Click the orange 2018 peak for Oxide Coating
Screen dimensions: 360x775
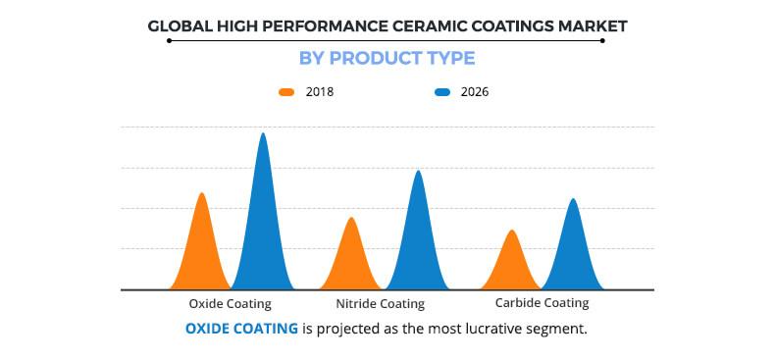202,245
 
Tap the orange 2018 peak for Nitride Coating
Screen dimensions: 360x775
351,257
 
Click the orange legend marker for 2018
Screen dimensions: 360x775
286,92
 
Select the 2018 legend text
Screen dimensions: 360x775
320,92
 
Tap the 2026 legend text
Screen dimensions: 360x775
474,92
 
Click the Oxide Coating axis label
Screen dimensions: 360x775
230,304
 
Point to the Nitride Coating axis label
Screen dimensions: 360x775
380,304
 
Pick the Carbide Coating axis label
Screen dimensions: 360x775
542,303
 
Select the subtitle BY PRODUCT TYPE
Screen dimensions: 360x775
387,59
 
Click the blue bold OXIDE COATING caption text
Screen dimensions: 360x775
241,329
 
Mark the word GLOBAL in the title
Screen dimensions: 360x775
180,26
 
